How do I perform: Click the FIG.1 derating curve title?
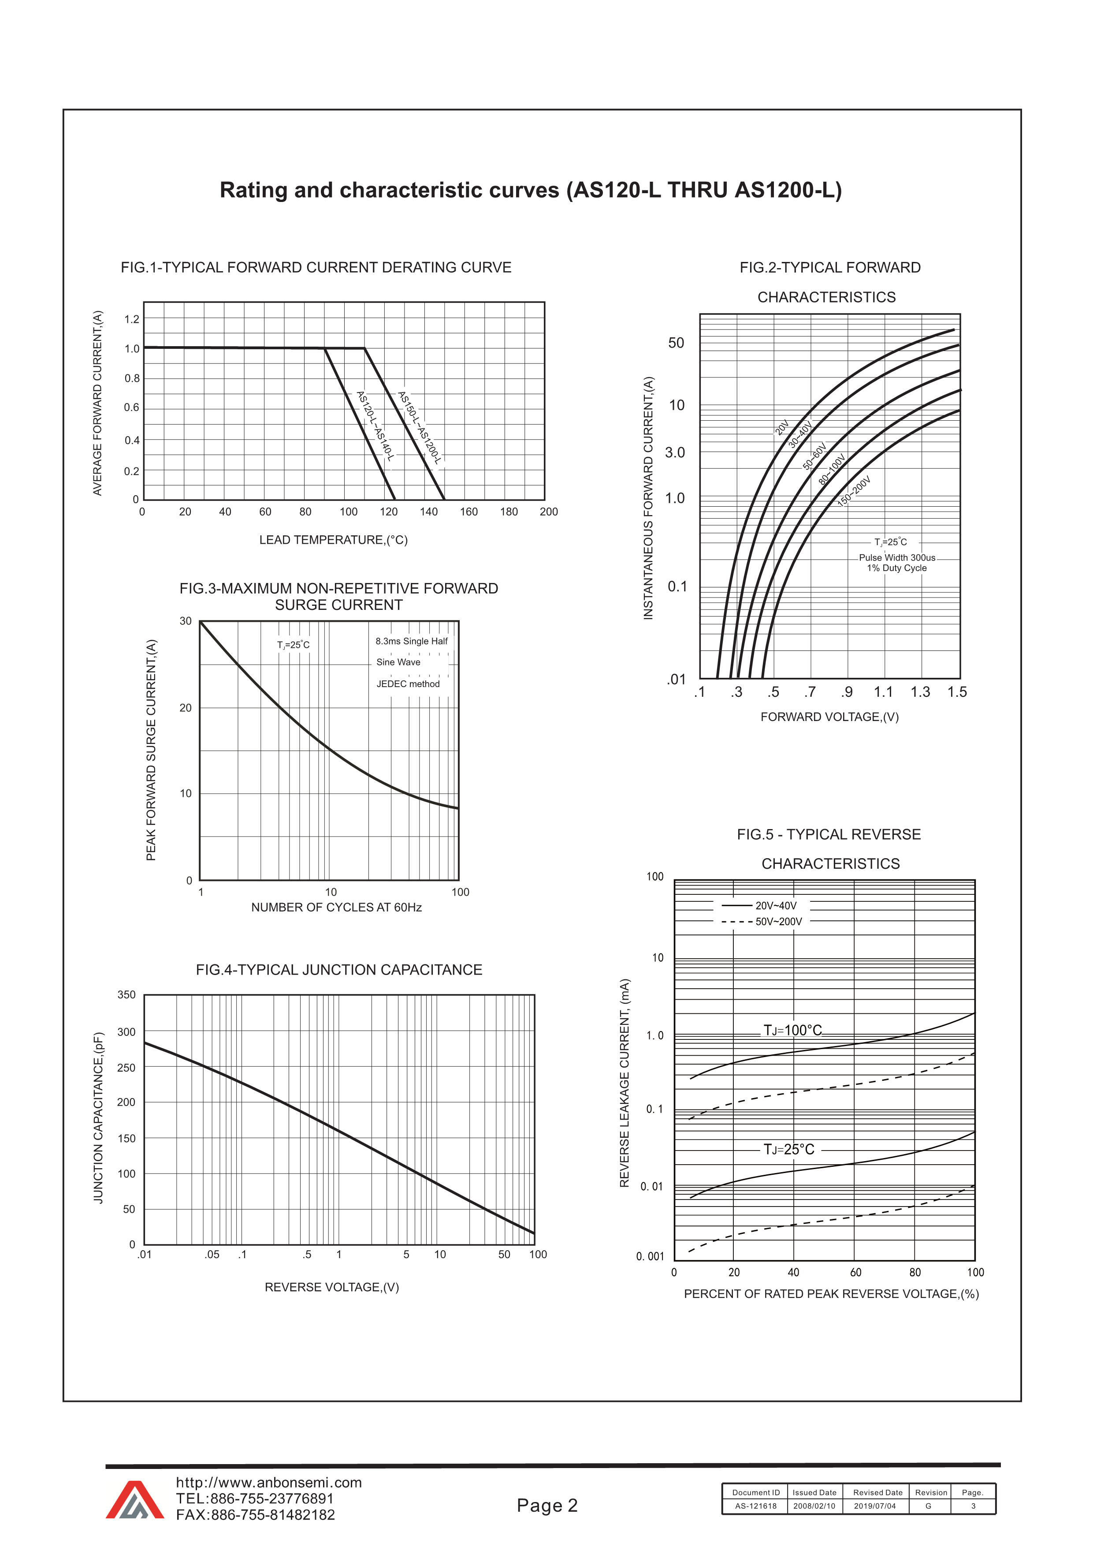(x=316, y=268)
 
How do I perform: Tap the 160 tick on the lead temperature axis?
(x=469, y=512)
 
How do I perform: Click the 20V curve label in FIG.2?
(x=782, y=427)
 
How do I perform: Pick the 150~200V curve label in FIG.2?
(x=854, y=491)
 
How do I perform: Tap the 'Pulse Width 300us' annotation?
(x=896, y=557)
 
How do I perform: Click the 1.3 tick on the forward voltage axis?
(x=920, y=692)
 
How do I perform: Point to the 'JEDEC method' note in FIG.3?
(x=407, y=684)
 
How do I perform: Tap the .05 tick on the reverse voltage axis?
(x=212, y=1255)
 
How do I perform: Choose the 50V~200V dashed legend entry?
(x=778, y=922)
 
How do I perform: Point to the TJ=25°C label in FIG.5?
(x=788, y=1150)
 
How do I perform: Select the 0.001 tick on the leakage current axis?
(x=650, y=1256)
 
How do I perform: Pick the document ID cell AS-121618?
(x=755, y=1506)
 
